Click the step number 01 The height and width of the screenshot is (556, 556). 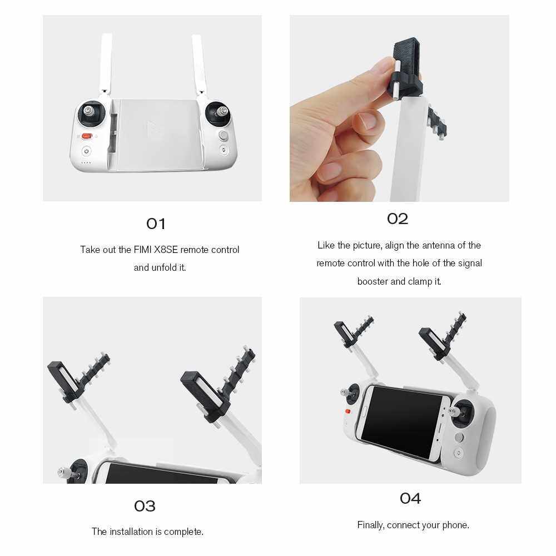[156, 224]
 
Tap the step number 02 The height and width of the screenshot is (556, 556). [398, 219]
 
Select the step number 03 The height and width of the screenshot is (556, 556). [145, 506]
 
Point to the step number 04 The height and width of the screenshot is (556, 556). [410, 499]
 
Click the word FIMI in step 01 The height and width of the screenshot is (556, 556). [142, 250]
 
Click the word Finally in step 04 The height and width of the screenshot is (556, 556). [370, 525]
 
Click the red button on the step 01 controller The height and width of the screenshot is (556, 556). [87, 136]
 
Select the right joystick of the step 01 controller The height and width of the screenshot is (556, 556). [219, 112]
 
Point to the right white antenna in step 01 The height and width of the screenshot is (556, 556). [199, 64]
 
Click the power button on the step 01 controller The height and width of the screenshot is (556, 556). [87, 151]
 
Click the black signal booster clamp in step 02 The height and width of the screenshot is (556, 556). [408, 67]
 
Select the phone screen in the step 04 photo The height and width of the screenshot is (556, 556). [404, 421]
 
